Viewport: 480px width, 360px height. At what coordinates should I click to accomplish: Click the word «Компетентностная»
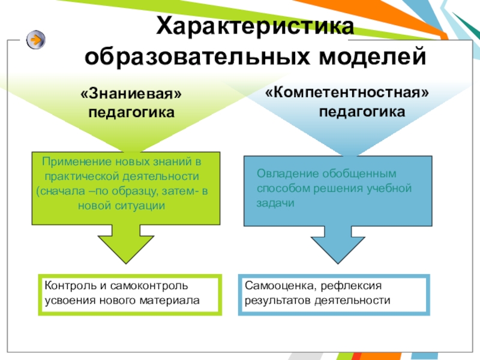pos(347,94)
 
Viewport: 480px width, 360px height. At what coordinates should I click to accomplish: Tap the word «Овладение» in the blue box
pos(283,173)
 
